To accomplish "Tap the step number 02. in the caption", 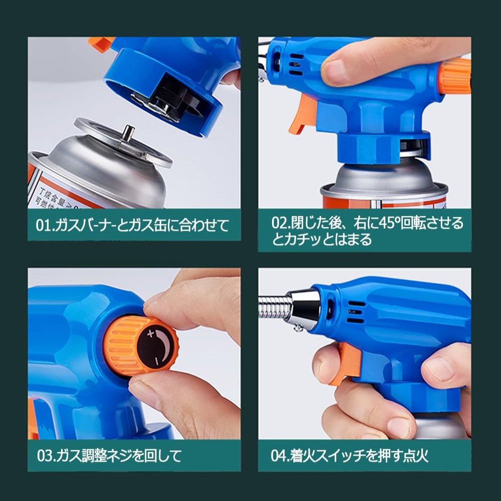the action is coord(281,223).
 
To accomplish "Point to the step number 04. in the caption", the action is coord(280,455).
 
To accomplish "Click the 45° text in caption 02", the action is coord(389,223).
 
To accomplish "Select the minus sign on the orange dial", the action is coord(156,361).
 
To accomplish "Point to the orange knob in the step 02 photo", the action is coord(455,76).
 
